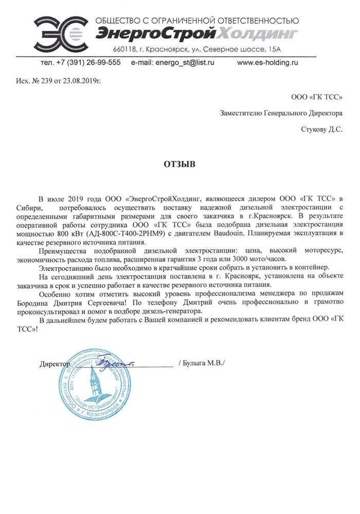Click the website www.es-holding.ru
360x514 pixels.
[x=267, y=62]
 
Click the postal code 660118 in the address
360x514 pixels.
[x=128, y=49]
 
